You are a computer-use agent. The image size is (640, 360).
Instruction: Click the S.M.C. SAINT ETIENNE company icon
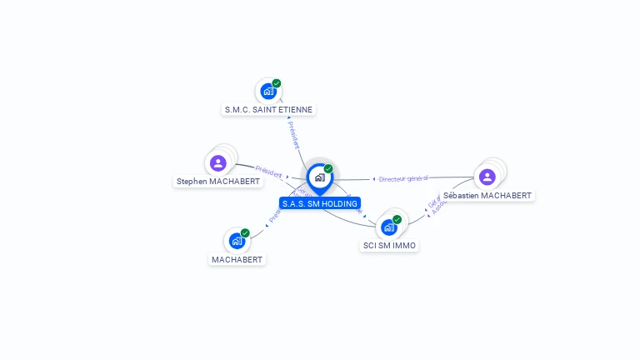coord(267,92)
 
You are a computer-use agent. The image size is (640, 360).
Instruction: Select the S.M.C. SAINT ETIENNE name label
coord(269,109)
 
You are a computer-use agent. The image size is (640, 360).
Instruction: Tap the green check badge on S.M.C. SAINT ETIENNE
coord(277,83)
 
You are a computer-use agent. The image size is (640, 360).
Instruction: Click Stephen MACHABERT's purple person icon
coord(218,162)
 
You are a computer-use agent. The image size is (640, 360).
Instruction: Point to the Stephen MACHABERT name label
coord(218,181)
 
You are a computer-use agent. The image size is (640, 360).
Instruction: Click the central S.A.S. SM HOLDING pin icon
coord(319,177)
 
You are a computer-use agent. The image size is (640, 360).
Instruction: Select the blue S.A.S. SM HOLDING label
coord(320,203)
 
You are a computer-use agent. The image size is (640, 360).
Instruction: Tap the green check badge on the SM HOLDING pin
coord(328,169)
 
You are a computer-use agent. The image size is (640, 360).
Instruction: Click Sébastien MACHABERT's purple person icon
coord(487,177)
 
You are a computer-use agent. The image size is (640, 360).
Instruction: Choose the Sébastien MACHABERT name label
coord(487,195)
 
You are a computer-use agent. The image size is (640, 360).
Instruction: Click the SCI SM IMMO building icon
coord(388,227)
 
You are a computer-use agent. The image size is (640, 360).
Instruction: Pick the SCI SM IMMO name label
coord(389,245)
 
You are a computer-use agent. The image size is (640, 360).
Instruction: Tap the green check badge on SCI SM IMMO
coord(397,219)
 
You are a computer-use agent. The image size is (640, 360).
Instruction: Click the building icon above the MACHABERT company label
coord(237,242)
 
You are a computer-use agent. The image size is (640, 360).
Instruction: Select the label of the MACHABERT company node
coord(237,259)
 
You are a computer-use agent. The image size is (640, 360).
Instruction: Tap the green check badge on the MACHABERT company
coord(246,233)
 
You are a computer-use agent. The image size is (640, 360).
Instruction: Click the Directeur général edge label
coord(402,178)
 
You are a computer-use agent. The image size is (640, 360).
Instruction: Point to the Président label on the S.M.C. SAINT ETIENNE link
coord(292,134)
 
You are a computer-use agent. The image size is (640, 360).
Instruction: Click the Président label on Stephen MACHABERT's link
coord(269,172)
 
